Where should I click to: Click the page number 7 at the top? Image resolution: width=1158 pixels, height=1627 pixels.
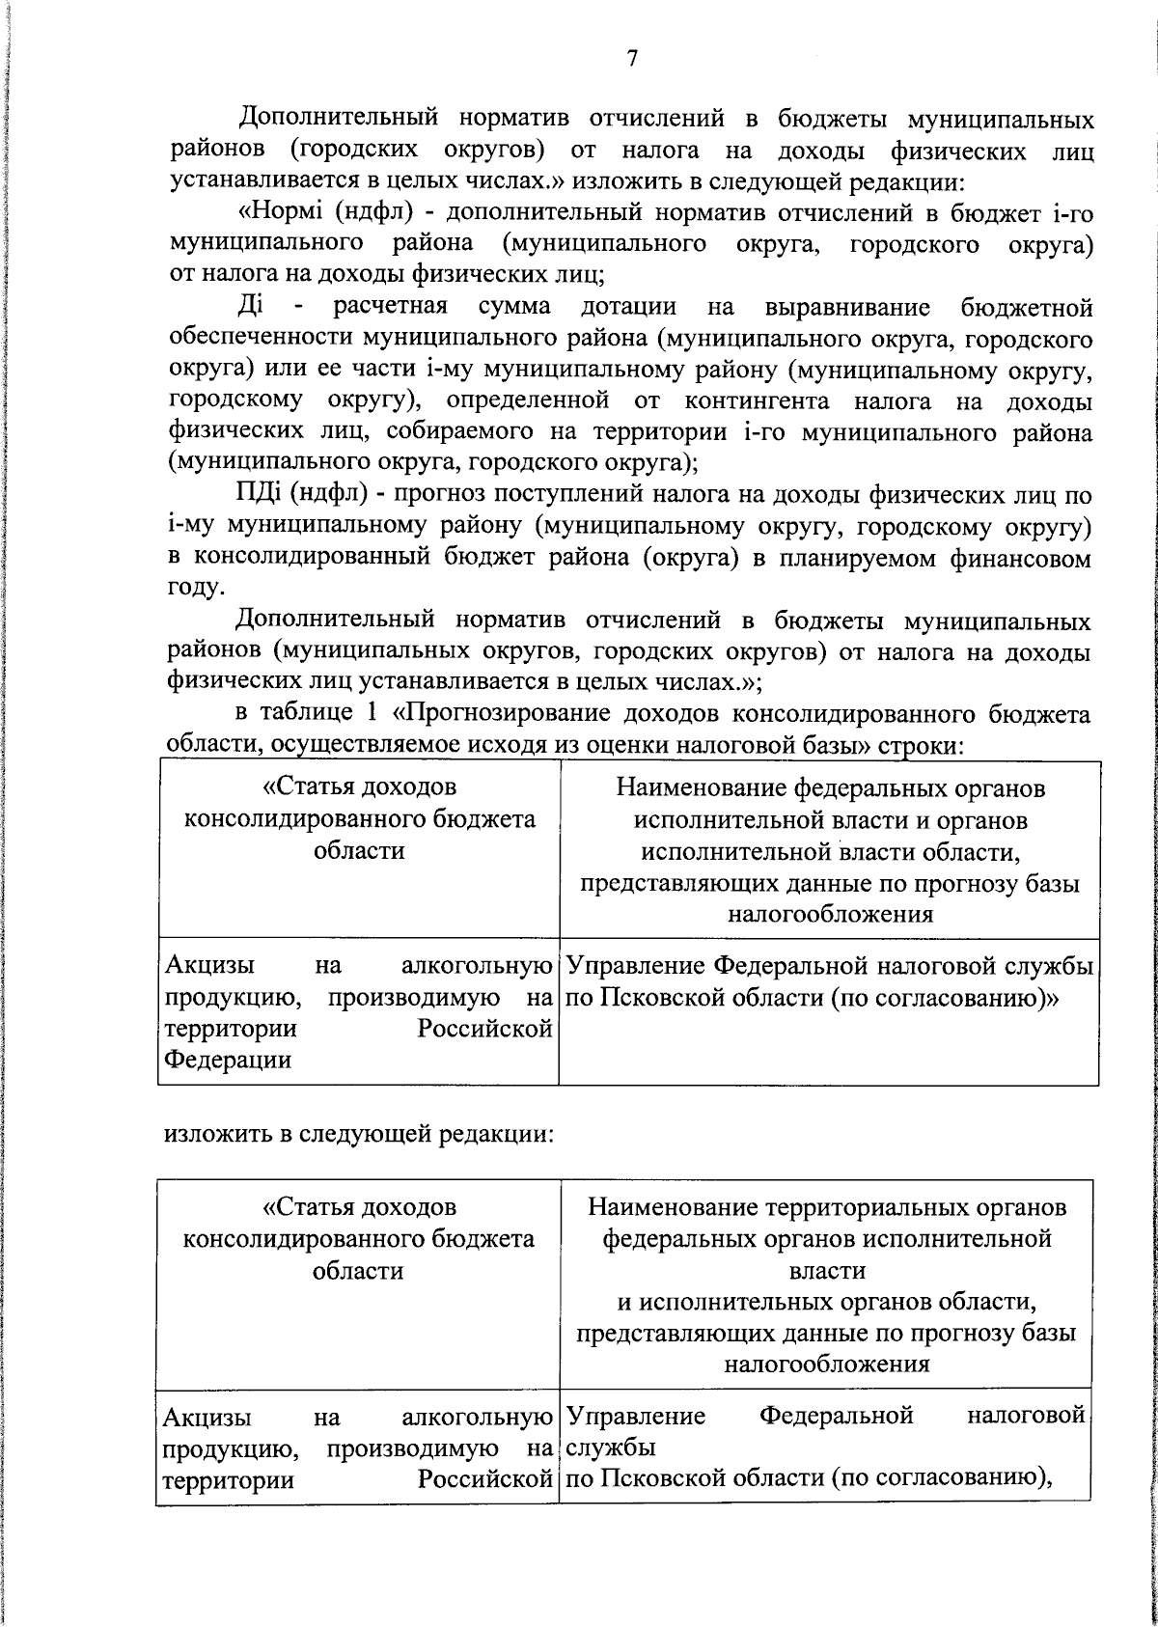point(632,59)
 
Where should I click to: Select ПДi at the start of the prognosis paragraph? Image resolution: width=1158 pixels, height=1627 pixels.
point(259,496)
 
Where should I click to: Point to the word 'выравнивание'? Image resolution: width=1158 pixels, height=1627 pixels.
point(847,307)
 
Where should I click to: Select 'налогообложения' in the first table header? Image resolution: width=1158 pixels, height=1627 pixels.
point(830,914)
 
